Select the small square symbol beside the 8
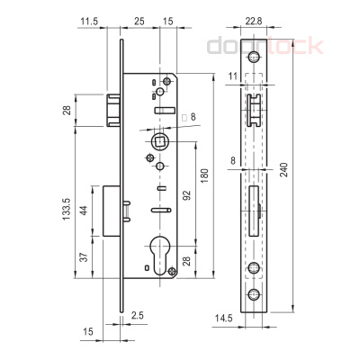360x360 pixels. click(x=183, y=117)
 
